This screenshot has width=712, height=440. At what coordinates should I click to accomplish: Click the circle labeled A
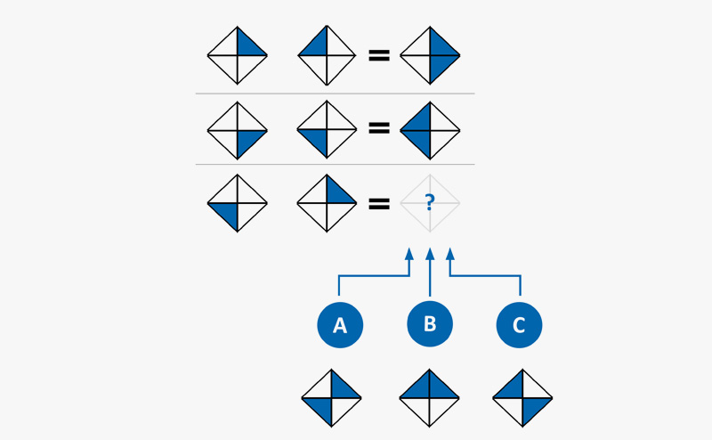tap(340, 325)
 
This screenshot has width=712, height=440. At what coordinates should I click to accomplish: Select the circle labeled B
tap(430, 323)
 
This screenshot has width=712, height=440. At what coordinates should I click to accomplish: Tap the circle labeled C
tap(519, 325)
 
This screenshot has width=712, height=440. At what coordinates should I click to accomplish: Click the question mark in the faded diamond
tap(430, 203)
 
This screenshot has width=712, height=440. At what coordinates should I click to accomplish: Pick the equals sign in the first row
tap(379, 55)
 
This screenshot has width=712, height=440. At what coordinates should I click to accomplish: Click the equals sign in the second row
tap(379, 129)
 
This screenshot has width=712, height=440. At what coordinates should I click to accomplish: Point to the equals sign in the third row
tap(379, 203)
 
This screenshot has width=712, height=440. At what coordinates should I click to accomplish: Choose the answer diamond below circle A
tap(332, 398)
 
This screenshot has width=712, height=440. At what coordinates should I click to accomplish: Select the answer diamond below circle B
tap(430, 398)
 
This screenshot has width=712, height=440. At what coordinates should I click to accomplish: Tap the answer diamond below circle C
tap(523, 398)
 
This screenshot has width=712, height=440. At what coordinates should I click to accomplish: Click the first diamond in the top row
tap(238, 55)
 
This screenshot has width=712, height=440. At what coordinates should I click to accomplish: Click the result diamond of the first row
tap(430, 55)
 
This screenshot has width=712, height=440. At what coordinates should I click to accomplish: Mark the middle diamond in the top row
tap(327, 55)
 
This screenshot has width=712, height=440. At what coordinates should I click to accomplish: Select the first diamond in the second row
tap(238, 130)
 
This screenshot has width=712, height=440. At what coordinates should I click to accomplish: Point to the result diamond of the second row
tap(430, 130)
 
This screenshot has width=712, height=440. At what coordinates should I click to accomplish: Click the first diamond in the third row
tap(238, 203)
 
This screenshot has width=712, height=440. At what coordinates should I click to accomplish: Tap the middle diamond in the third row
tap(327, 203)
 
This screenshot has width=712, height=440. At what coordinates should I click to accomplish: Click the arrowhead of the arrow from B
tap(430, 254)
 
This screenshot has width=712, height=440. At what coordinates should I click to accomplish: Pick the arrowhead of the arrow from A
tap(409, 254)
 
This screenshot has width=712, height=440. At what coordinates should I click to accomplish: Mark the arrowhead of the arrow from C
tap(450, 254)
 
